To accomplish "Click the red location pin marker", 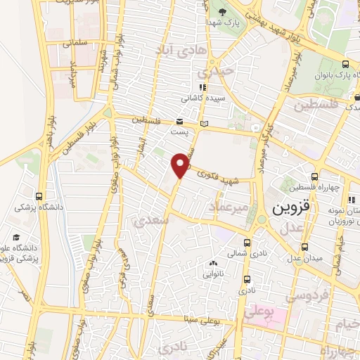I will (x=180, y=165).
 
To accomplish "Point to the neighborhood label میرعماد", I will (x=230, y=207).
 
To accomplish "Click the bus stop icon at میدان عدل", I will (x=304, y=247).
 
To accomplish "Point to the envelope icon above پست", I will (x=180, y=120).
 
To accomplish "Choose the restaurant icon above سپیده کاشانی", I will (x=204, y=87).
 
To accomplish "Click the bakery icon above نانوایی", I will (x=213, y=264).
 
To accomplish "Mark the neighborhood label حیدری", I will (x=210, y=72).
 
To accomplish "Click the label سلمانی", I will (x=75, y=43).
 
